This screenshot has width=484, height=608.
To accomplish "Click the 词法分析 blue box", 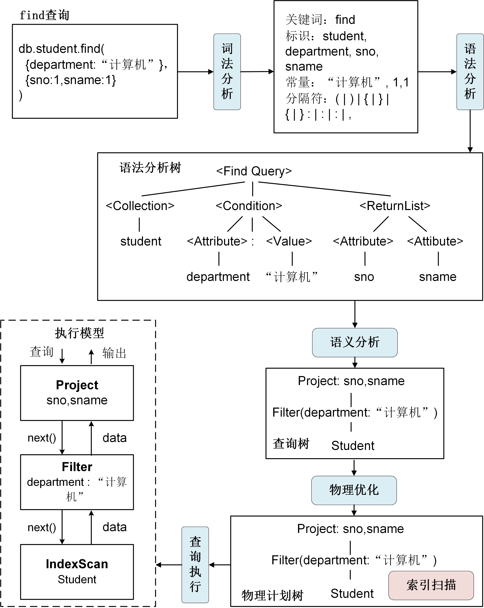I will [x=227, y=72].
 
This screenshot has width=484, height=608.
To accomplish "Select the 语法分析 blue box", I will [x=470, y=72].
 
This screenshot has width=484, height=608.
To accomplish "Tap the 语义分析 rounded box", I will [x=355, y=342].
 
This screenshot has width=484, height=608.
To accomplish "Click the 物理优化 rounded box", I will [x=354, y=490].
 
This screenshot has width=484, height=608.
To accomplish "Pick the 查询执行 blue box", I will [x=195, y=565].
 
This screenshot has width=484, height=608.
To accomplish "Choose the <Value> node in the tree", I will [x=289, y=241].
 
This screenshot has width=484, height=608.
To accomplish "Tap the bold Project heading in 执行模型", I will [x=77, y=385].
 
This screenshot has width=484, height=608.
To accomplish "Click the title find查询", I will [x=44, y=15].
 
